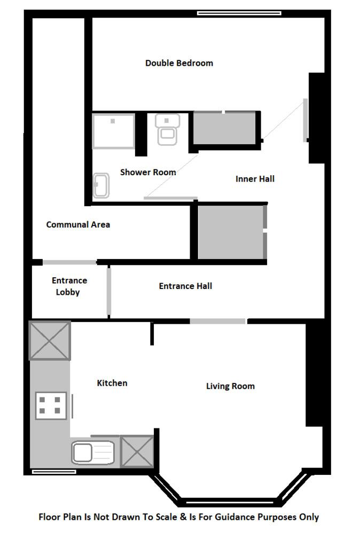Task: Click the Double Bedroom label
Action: tap(179, 63)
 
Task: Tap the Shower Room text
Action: tap(148, 173)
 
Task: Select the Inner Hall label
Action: tap(255, 179)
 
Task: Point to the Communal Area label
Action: tap(78, 225)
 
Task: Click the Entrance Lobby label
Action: tap(69, 286)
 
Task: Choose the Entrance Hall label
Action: tap(185, 286)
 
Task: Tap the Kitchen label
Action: tap(112, 383)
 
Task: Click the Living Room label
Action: tap(230, 386)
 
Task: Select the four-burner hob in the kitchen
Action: tap(51, 406)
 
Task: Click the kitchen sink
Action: tap(93, 452)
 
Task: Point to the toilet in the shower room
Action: tap(167, 130)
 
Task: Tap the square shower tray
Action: tap(113, 131)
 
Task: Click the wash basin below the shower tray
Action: tap(101, 186)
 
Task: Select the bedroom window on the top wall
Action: tap(239, 13)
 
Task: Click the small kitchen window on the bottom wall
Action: tap(54, 472)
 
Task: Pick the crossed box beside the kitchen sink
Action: tap(137, 452)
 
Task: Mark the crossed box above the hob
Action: tap(50, 340)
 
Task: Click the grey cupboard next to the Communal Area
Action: tap(231, 232)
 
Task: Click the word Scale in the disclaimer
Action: tap(166, 517)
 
